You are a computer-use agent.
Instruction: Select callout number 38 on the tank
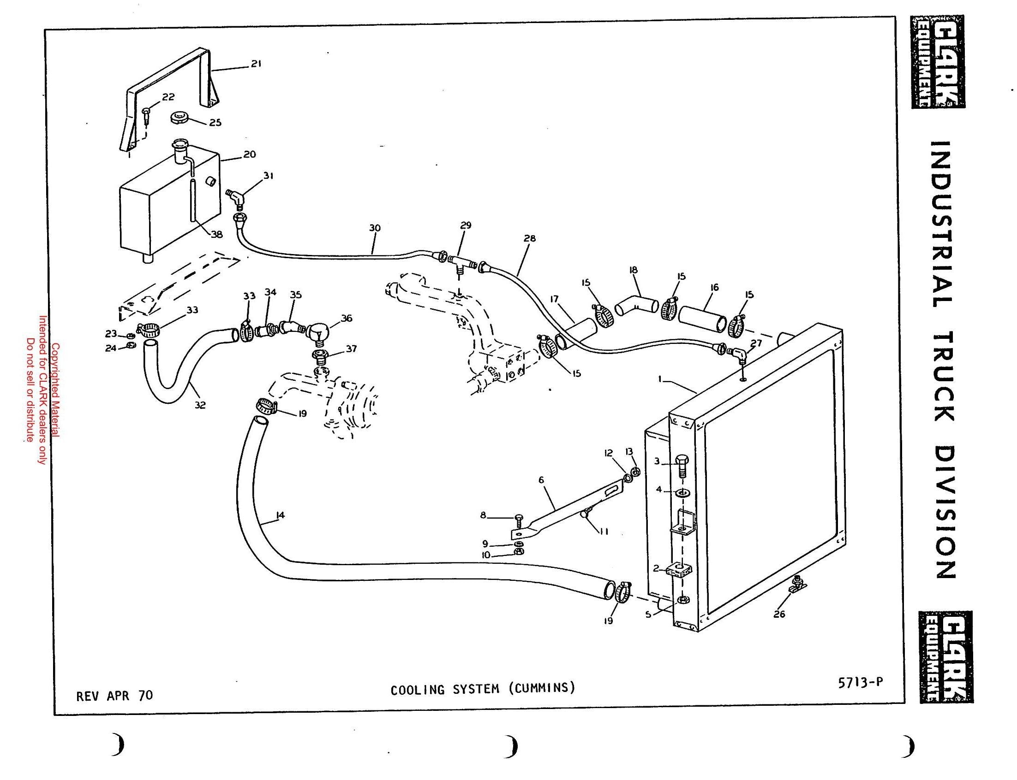tap(217, 235)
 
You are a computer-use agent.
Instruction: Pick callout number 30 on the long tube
tap(375, 228)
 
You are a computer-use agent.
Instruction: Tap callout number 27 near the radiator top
tap(756, 343)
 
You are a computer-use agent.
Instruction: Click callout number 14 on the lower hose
tap(280, 515)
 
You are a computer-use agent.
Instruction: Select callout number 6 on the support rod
tap(541, 479)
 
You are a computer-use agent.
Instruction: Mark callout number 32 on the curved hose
tap(200, 405)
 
